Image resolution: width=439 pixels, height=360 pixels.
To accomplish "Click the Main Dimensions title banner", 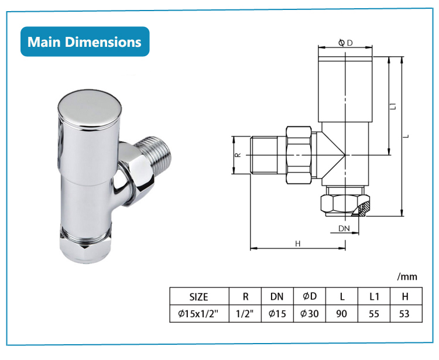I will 85,42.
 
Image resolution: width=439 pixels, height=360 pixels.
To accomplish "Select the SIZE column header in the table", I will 198,297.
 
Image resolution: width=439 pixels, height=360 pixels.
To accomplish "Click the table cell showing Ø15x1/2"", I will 198,314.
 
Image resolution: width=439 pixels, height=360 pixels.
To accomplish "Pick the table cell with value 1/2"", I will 243,314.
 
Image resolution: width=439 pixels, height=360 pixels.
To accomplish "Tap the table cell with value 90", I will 342,314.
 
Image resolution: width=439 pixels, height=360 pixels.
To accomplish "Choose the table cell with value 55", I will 374,314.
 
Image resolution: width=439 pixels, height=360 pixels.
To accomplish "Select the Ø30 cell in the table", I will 309,314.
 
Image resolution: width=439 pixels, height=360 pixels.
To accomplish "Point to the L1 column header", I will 374,297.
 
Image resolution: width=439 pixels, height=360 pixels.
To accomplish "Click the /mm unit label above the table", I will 407,276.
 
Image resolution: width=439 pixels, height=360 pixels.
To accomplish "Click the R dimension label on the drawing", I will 238,155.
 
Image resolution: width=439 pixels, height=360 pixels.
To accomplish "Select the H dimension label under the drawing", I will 297,244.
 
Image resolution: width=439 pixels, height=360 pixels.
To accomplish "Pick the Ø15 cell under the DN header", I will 277,314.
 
